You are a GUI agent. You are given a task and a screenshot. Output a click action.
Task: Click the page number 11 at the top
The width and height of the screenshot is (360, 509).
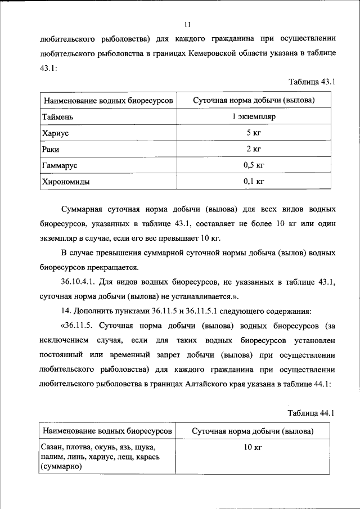click(188, 24)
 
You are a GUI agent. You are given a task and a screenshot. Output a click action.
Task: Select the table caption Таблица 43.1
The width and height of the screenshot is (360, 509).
click(312, 82)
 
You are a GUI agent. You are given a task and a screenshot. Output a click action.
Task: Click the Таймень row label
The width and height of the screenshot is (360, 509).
click(57, 117)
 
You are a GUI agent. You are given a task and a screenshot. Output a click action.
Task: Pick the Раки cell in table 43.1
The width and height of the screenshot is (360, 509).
click(51, 150)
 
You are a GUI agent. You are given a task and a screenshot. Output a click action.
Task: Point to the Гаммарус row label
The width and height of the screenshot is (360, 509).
click(59, 166)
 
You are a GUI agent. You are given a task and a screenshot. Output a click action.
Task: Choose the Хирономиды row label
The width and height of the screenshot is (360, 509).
click(65, 182)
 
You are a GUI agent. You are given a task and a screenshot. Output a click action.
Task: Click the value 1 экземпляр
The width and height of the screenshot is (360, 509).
click(253, 117)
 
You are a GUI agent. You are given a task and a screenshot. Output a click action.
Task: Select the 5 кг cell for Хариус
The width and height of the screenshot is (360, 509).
click(253, 133)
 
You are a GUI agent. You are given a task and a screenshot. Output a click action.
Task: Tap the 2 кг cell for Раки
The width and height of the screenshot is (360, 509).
click(253, 150)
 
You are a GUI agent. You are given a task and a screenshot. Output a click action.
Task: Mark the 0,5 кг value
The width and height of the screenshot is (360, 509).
click(253, 166)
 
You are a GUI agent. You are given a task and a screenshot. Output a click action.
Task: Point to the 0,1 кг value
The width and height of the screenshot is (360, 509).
click(253, 182)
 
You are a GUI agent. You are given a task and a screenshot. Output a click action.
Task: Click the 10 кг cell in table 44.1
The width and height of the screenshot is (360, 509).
click(253, 448)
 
